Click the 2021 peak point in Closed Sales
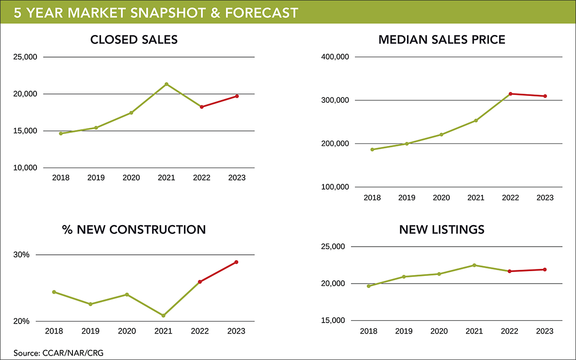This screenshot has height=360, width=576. [x=167, y=84]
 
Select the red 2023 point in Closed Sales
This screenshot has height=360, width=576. [x=237, y=96]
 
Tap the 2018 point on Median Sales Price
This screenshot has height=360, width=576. [x=372, y=149]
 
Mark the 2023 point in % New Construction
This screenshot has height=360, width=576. [x=237, y=262]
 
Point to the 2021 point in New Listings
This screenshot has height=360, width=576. [x=474, y=265]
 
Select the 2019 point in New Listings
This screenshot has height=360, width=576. [x=404, y=276]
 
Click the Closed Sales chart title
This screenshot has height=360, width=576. [x=134, y=39]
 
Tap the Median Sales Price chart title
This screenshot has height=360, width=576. [x=442, y=39]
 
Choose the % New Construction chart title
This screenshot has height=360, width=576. [x=134, y=229]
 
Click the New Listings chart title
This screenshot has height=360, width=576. [x=442, y=229]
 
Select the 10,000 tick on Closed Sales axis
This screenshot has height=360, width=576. [x=24, y=168]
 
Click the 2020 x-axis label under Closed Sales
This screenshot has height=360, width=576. [x=131, y=178]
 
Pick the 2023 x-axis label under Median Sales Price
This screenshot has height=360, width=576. [x=545, y=198]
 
